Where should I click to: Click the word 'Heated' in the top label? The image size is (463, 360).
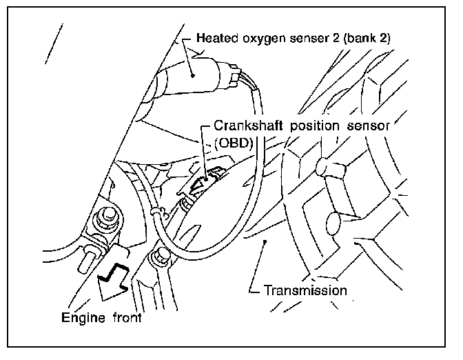[x=216, y=39]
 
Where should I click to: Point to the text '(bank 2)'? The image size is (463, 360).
[x=367, y=39]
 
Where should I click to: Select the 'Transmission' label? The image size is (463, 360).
[x=305, y=290]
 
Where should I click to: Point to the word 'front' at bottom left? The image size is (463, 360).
[x=127, y=319]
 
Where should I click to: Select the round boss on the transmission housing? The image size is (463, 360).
[x=333, y=222]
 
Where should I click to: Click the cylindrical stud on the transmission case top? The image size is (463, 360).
[x=324, y=167]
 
